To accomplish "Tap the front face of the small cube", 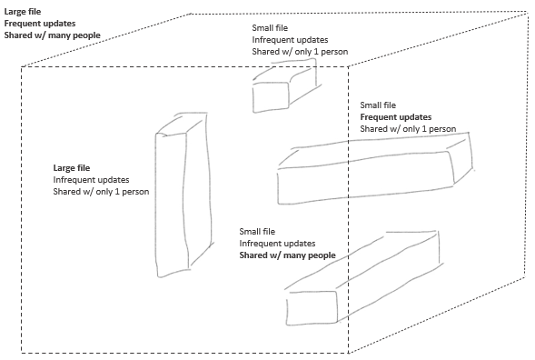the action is pos(271,97).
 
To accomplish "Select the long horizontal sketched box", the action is pos(375,169).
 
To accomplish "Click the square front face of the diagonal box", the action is pos(312,308).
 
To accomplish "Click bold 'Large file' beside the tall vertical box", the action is pos(72,167).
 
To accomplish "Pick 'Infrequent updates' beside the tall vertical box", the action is pos(91,180).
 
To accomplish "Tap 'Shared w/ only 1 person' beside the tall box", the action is pos(101,191).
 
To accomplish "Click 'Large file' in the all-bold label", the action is pos(23,12).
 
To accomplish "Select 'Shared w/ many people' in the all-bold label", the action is pos(52,35).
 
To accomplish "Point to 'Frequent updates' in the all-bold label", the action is pos(40,24).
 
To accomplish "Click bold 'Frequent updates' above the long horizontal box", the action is pos(396,117).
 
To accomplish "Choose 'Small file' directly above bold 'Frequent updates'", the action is pos(378,105).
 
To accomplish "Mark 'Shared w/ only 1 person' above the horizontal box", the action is pos(408,129).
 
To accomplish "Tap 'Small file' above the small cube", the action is pos(270,28).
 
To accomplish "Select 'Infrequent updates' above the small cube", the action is pos(290,40).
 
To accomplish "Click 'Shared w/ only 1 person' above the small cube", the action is pos(300,52).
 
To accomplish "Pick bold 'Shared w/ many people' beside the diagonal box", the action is pos(287,255).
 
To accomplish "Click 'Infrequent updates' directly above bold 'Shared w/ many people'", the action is pos(277,244).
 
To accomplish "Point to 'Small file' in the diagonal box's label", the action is pos(257,232).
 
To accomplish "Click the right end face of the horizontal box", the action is pos(461,158).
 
